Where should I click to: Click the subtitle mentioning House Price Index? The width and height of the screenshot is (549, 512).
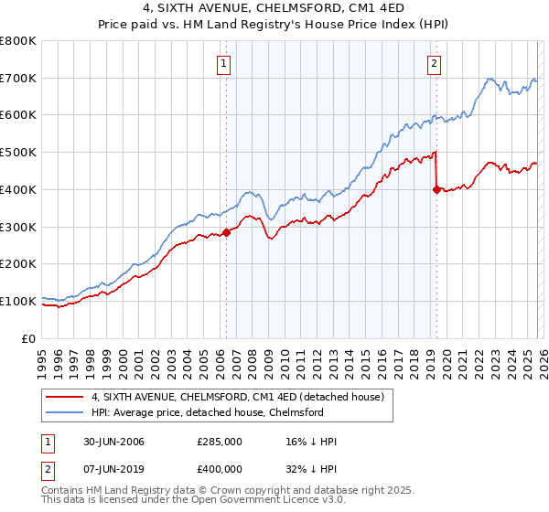tap(274, 26)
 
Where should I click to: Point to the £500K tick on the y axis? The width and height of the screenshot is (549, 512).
tap(19, 153)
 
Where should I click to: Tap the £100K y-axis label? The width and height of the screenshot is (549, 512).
tap(19, 301)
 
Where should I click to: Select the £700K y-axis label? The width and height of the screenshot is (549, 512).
tap(19, 79)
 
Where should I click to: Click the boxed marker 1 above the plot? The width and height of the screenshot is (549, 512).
tap(224, 63)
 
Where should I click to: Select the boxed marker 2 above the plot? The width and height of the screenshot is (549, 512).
tap(434, 63)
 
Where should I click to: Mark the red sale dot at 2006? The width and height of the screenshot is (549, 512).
tap(227, 232)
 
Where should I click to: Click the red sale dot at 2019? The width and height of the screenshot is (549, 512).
tap(436, 189)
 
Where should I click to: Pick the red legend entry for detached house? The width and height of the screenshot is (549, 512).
tap(242, 397)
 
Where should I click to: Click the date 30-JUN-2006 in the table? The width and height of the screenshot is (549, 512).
tap(106, 442)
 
